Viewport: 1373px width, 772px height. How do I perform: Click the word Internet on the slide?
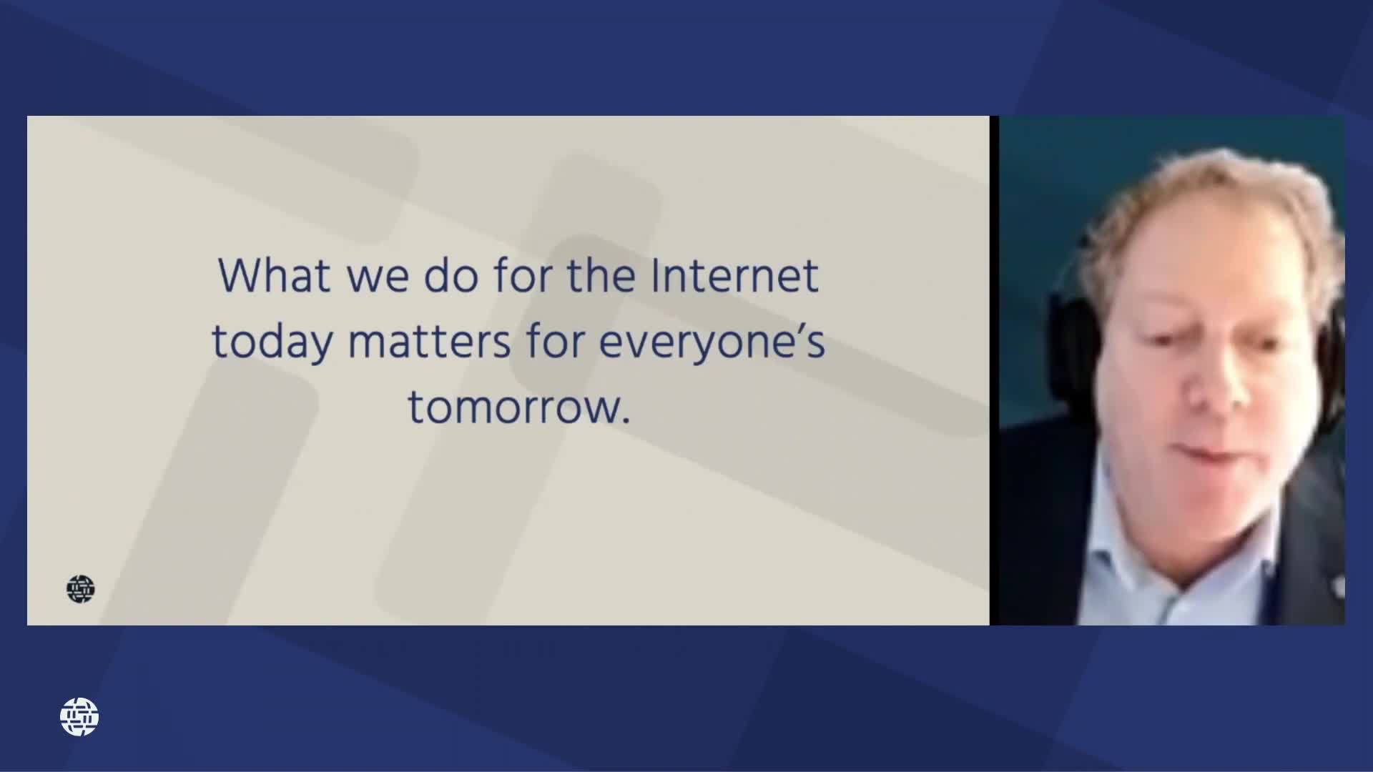click(734, 276)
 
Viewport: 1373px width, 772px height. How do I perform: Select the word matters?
click(429, 342)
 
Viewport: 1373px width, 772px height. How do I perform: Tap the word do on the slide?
click(451, 276)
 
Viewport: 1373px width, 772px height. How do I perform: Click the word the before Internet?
click(601, 276)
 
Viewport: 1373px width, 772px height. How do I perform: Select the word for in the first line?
click(522, 276)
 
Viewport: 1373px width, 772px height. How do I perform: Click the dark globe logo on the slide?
click(80, 589)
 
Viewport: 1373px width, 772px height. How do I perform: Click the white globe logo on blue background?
click(79, 717)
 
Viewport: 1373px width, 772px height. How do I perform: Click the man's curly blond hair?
click(1209, 193)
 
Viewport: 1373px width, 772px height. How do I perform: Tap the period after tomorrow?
click(626, 422)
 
